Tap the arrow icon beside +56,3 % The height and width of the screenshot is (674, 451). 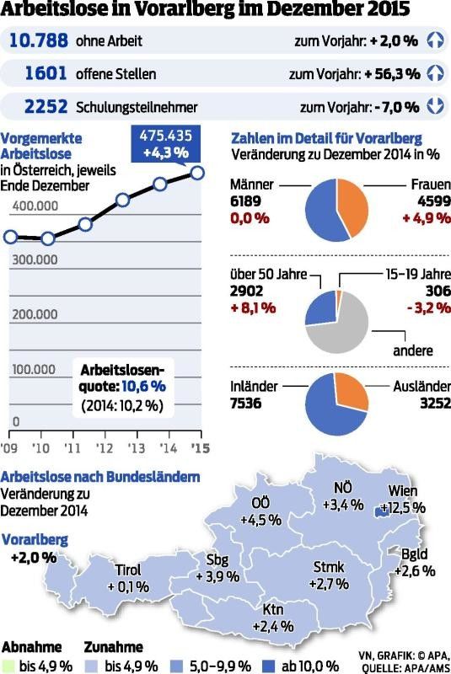[x=435, y=73]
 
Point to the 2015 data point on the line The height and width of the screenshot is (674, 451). [x=198, y=173]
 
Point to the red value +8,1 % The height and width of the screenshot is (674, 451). [x=252, y=308]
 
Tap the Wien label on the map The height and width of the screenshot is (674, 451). [x=404, y=491]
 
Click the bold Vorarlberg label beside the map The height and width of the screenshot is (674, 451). [x=35, y=539]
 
